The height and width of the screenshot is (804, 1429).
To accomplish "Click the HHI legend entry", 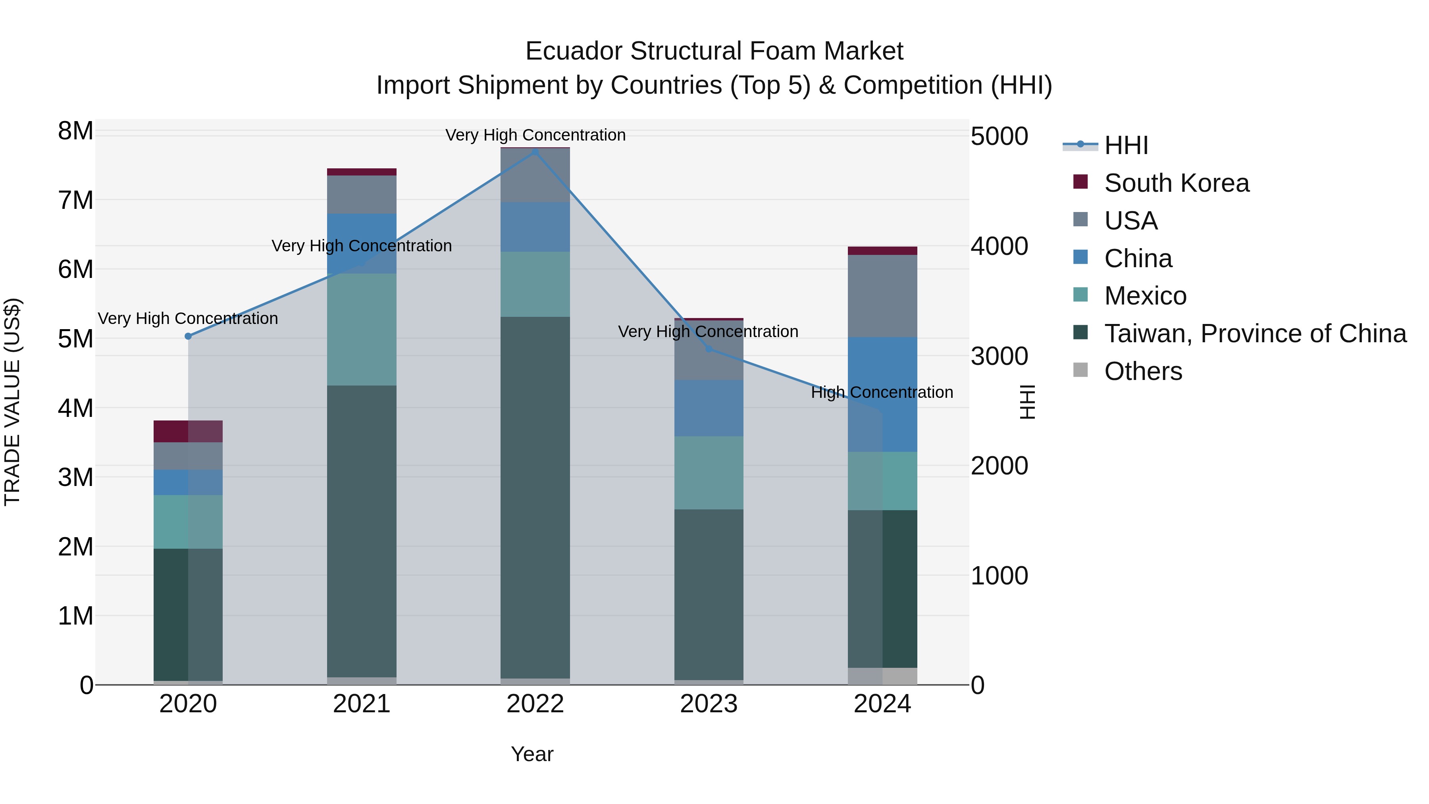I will (x=1126, y=145).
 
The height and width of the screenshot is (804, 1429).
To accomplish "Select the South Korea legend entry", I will (x=1176, y=183).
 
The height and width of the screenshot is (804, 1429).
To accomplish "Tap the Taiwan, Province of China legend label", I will (x=1255, y=334).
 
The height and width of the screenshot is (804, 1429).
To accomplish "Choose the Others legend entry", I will (x=1143, y=371).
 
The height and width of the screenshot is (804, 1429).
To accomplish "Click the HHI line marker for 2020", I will (x=188, y=336).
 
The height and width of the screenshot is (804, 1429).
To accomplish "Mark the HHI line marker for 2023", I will (x=709, y=349).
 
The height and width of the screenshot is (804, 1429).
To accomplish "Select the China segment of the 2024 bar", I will (x=882, y=395).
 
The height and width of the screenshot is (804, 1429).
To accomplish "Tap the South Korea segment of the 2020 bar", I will (x=188, y=431).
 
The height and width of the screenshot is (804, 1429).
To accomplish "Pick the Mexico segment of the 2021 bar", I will (x=362, y=329).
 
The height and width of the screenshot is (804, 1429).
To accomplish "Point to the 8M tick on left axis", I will (x=75, y=131).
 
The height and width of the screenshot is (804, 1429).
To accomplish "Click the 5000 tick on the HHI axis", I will (x=999, y=137).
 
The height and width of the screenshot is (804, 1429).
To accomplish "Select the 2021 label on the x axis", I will (x=362, y=704).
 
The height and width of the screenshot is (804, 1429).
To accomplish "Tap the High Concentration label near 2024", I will (x=882, y=392).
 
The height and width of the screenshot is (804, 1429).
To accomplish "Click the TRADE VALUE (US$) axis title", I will (x=12, y=402).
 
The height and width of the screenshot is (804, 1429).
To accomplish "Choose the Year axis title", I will (x=532, y=754).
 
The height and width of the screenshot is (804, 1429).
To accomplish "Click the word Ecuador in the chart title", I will (x=574, y=51).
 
